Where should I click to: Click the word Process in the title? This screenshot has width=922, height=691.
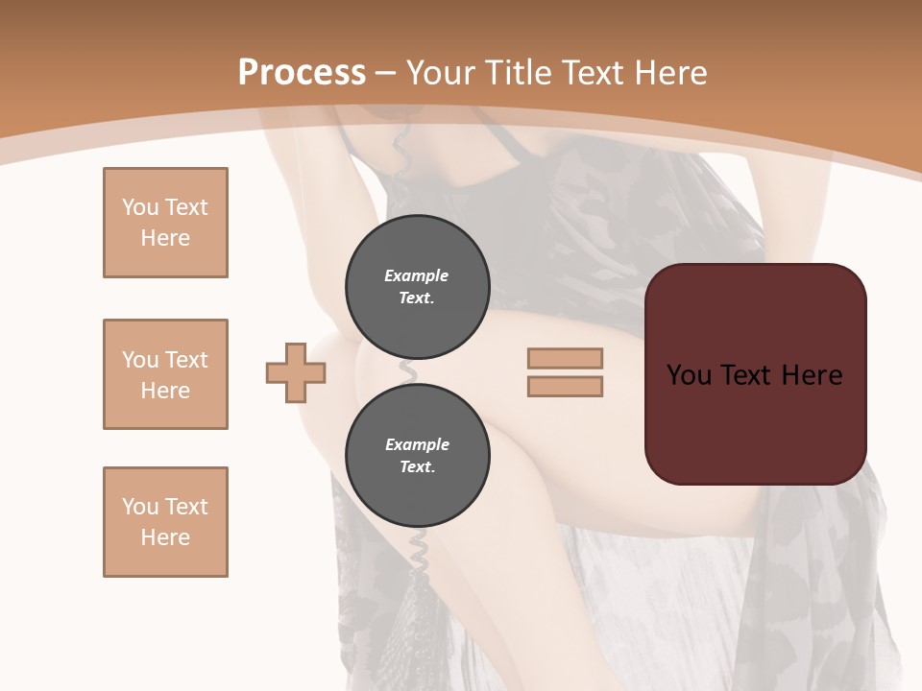(x=302, y=73)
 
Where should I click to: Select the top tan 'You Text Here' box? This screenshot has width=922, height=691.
(x=165, y=223)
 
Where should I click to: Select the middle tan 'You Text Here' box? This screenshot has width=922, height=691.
(x=165, y=374)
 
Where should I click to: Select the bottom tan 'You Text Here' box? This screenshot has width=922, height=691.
(x=165, y=522)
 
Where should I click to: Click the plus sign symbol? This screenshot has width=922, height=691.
(x=296, y=372)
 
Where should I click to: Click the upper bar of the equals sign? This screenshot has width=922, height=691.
(x=565, y=358)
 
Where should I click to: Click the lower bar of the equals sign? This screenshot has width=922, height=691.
(x=565, y=386)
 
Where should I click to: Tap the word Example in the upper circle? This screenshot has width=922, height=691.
(x=417, y=275)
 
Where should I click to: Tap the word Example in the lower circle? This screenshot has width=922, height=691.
(x=417, y=444)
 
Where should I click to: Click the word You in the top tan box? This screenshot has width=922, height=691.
(x=139, y=207)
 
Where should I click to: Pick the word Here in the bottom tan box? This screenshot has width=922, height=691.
(x=165, y=537)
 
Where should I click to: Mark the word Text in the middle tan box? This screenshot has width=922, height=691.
(x=185, y=360)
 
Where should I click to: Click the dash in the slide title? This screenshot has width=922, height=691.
(x=386, y=73)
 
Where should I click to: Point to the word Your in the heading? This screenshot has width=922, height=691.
(x=441, y=73)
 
